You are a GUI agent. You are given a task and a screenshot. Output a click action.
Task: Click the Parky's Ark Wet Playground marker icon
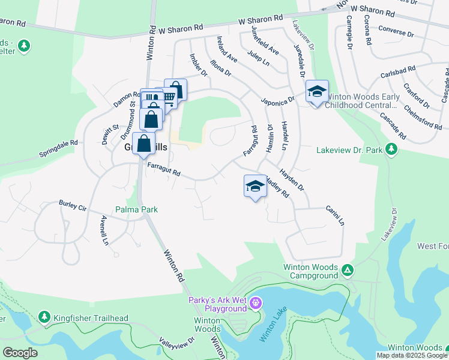click(256, 301)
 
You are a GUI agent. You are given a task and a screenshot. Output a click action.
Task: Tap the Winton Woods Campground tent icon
click(348, 271)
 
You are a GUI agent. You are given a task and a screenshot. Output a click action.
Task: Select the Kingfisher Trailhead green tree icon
click(44, 316)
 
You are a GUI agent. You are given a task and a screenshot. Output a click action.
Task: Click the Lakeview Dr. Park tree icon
click(391, 149)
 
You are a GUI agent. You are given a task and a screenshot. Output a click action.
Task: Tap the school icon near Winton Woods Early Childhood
click(316, 91)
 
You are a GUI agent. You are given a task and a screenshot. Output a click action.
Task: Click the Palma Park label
click(137, 210)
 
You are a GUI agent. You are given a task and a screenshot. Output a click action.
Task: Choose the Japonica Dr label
click(277, 100)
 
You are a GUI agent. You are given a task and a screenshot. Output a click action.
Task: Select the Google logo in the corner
click(20, 353)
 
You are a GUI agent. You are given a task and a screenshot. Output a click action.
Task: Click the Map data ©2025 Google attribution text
click(412, 355)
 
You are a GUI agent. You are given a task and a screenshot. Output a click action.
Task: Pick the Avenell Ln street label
click(105, 230)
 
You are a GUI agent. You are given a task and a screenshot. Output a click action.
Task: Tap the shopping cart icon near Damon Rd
click(169, 97)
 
